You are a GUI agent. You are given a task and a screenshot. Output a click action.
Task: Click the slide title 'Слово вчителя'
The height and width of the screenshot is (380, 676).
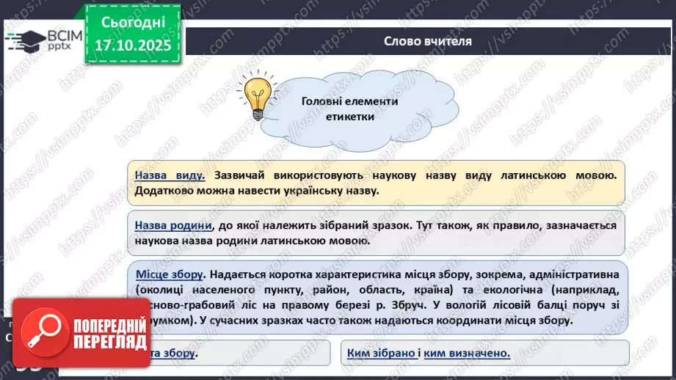coord(427,41)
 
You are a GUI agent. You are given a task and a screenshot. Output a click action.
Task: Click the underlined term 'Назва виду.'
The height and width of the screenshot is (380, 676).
coord(169,176)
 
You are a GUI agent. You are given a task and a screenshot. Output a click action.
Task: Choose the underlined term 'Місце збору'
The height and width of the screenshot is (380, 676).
coord(170,274)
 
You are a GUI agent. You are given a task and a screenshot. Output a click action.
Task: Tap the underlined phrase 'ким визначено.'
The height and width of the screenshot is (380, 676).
coord(467,354)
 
